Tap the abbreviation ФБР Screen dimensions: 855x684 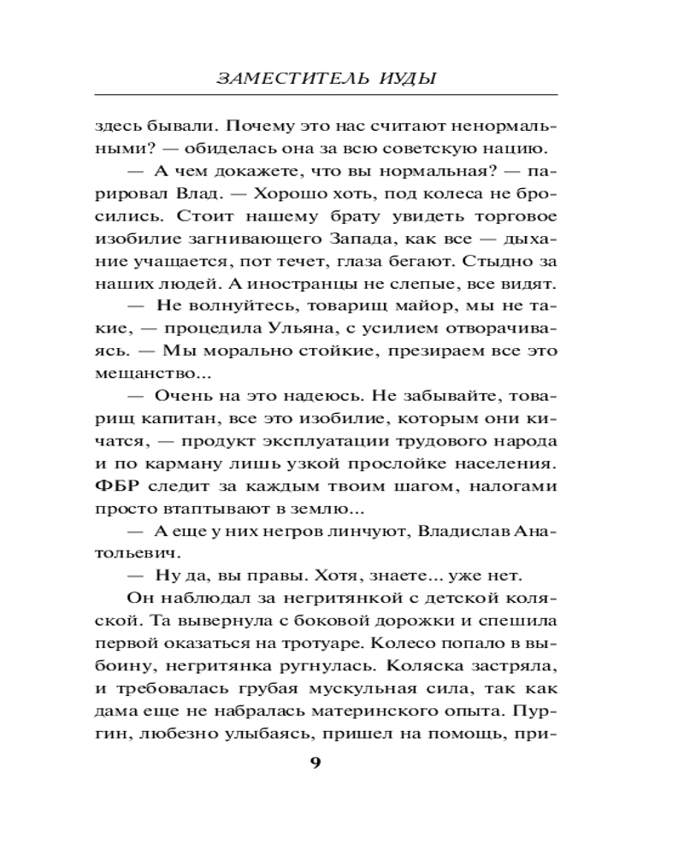pyautogui.click(x=113, y=486)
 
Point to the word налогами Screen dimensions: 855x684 pyautogui.click(x=516, y=486)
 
